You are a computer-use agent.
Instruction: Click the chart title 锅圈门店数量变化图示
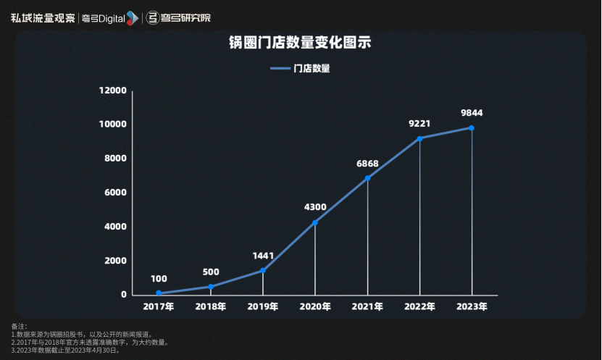[300, 43]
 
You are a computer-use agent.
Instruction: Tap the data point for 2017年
[159, 293]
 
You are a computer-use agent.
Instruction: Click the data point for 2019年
[263, 270]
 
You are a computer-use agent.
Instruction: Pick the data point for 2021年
[367, 178]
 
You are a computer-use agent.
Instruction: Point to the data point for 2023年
[472, 128]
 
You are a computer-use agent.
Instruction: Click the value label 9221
[419, 123]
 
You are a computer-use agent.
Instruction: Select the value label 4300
[315, 207]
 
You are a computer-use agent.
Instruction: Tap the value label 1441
[263, 256]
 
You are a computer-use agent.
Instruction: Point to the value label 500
[211, 272]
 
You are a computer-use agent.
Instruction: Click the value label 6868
[367, 164]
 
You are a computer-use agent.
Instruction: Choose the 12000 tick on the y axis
[113, 91]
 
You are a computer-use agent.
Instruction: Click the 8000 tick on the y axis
[116, 159]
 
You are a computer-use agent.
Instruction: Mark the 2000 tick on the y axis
[116, 261]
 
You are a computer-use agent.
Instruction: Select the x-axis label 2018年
[211, 306]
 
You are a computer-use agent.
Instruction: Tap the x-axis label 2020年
[315, 306]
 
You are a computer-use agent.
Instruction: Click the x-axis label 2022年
[419, 306]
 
